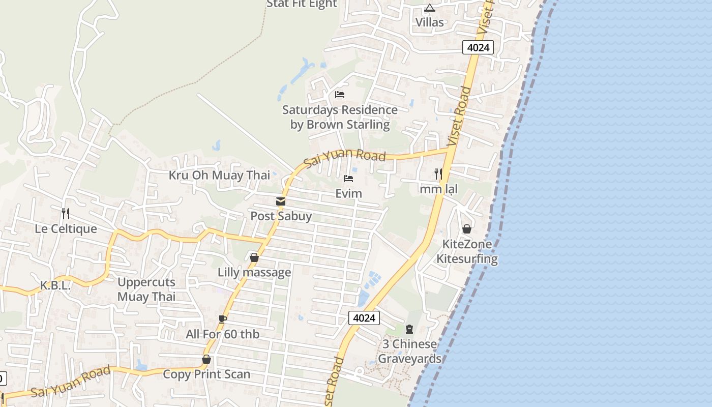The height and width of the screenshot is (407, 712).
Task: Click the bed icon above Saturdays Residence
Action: tap(340, 95)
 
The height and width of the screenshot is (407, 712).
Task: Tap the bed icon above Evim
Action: tap(348, 179)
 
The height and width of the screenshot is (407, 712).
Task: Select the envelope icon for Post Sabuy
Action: tap(281, 201)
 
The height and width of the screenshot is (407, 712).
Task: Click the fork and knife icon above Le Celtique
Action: tap(65, 213)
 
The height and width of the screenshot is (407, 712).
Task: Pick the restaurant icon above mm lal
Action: tap(438, 174)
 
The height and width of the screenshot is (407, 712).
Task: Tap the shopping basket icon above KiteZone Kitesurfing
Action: tap(467, 229)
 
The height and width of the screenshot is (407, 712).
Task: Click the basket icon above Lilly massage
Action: tap(254, 257)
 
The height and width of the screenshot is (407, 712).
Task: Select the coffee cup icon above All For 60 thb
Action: tap(222, 319)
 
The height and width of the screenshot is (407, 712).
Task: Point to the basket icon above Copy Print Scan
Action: tap(206, 359)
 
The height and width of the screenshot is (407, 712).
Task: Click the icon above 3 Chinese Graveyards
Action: tap(409, 329)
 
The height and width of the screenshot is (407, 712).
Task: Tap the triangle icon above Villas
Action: tap(430, 8)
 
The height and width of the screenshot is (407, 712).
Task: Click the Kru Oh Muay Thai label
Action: tap(220, 176)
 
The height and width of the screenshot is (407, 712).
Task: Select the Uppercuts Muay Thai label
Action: tap(146, 289)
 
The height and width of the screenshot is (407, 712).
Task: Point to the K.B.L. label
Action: tap(55, 286)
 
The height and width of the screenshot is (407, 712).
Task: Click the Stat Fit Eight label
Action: tap(302, 4)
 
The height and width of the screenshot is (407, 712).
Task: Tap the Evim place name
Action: tap(349, 194)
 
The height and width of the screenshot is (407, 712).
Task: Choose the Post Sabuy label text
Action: tap(281, 216)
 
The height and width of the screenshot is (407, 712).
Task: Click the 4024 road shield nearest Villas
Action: tap(478, 48)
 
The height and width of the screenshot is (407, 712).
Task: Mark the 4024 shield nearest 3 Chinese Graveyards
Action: tap(365, 318)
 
